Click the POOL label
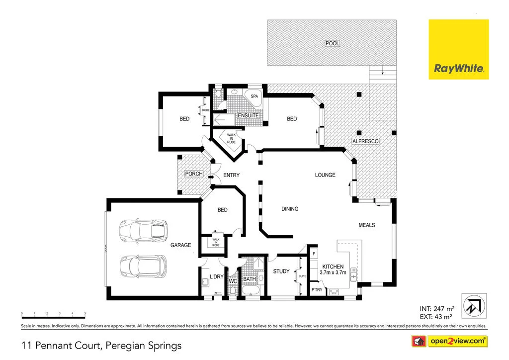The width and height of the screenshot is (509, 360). (x=332, y=43)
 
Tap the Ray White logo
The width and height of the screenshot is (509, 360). (x=459, y=49)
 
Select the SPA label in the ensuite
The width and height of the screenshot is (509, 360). (x=254, y=96)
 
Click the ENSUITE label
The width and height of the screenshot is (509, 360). (x=248, y=115)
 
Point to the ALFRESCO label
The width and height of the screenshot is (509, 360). (x=365, y=141)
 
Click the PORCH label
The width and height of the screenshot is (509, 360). (x=193, y=174)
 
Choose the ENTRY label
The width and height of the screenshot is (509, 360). (x=231, y=175)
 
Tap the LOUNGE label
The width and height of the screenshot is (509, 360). (x=325, y=175)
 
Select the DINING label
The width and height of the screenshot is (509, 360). (x=290, y=209)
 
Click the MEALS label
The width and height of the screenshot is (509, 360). (x=367, y=225)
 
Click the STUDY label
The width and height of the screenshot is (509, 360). (x=281, y=271)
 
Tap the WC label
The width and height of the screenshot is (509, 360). (x=233, y=281)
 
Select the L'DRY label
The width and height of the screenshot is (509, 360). (x=216, y=276)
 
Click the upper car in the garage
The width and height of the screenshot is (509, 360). (x=143, y=230)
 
